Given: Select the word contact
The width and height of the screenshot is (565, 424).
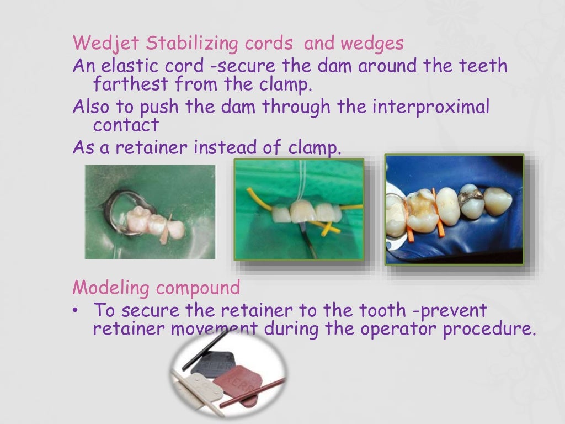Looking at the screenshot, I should click(126, 125).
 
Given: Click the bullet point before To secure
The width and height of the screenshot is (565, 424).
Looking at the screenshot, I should click(76, 310).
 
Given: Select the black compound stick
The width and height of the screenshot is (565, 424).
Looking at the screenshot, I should click(204, 353).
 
